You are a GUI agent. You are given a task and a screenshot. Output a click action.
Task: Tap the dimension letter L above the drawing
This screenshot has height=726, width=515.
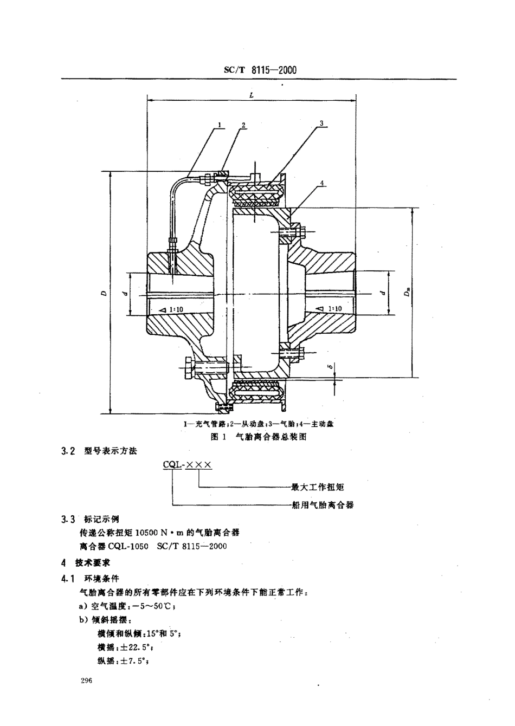pos(253,94)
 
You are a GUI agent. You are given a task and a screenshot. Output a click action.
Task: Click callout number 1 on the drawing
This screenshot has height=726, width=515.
pos(220,124)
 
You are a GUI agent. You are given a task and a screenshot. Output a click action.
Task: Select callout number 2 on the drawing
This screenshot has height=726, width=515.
pos(243,125)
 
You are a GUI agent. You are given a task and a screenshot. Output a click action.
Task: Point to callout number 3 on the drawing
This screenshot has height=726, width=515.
pos(321,124)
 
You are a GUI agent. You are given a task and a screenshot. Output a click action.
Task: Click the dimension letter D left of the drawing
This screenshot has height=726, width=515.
pos(103,293)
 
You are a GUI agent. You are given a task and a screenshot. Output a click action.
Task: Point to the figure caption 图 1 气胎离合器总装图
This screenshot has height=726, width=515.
pos(259,437)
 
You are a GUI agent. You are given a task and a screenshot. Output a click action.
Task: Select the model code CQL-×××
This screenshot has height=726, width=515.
pos(187,464)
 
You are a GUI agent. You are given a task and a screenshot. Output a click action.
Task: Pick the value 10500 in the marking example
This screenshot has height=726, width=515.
pos(148,532)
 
